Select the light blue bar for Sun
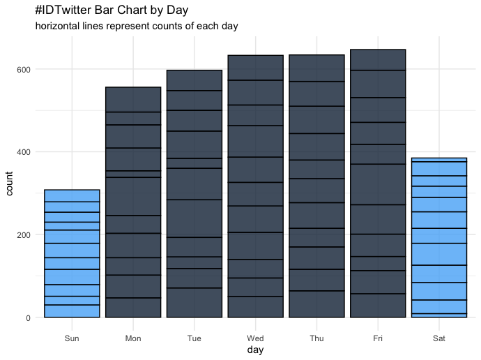[x=72, y=253]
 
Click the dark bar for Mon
[x=133, y=202]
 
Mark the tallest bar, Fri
[x=377, y=183]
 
